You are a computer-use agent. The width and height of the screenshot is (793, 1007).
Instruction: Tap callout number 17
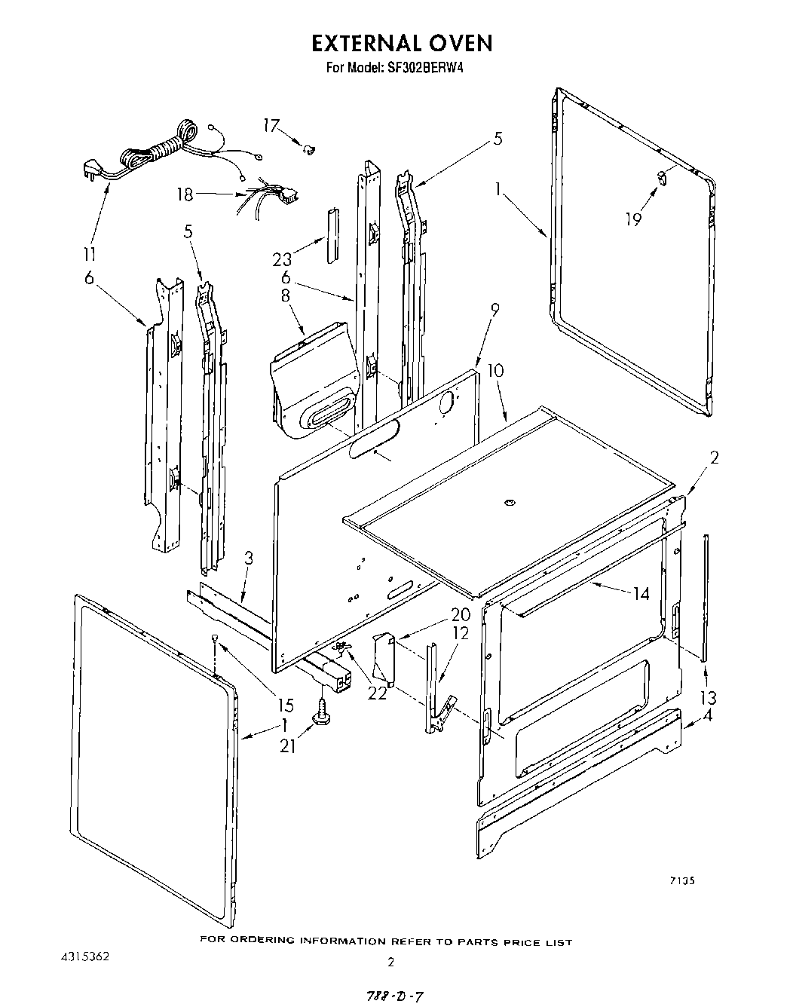[272, 126]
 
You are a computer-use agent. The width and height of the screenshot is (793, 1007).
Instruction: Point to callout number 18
[185, 194]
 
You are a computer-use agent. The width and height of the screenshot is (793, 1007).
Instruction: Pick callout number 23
[282, 259]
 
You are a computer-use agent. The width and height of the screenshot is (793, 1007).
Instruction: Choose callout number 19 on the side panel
[633, 219]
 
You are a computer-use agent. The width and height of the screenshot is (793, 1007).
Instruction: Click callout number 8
[286, 295]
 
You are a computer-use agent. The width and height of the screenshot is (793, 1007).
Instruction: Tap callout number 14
[641, 594]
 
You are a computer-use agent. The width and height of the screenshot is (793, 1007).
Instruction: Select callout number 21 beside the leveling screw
[288, 745]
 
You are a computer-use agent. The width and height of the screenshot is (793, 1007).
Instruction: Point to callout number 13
[708, 697]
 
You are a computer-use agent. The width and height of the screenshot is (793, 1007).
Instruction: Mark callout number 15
[285, 706]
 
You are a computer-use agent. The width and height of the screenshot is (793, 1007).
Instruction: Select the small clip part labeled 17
[308, 151]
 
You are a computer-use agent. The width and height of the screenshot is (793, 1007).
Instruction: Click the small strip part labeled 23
[332, 234]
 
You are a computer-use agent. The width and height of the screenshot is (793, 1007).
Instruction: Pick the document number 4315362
[85, 956]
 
